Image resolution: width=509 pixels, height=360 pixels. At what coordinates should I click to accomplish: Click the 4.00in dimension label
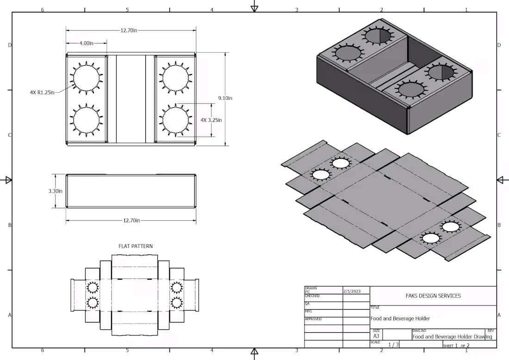click(x=87, y=43)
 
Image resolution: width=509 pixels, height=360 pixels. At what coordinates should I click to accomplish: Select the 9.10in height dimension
click(x=225, y=98)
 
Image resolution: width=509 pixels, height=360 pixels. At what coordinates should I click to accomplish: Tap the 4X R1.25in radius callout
click(x=42, y=93)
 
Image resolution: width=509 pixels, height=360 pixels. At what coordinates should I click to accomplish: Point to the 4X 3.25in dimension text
click(x=211, y=120)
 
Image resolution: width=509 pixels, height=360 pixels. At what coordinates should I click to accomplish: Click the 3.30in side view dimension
click(x=55, y=191)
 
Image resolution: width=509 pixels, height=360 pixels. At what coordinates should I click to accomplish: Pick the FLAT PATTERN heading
click(x=136, y=246)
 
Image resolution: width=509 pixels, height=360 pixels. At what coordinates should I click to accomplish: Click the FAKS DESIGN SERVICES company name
click(x=433, y=296)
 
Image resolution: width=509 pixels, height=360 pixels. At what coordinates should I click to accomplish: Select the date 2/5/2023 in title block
click(x=352, y=292)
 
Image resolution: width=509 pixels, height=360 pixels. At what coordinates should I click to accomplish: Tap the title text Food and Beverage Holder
click(x=400, y=318)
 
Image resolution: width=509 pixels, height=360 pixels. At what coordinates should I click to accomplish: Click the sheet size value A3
click(x=376, y=336)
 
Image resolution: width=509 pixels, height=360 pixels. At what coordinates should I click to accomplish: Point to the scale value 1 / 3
click(x=393, y=344)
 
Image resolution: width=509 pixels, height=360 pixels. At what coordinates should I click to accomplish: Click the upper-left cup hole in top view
click(x=87, y=76)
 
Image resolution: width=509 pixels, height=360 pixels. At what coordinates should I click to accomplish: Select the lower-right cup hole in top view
click(x=176, y=120)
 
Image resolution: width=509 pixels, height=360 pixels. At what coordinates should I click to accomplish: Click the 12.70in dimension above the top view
click(x=129, y=30)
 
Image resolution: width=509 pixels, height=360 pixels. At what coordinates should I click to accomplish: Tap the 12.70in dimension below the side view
click(x=131, y=221)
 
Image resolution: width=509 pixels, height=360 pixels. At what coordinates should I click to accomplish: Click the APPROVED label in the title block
click(x=313, y=319)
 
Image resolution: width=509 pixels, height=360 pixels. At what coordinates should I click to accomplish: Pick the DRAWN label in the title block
click(x=308, y=288)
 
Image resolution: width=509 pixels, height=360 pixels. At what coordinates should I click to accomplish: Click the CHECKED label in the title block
click(x=312, y=296)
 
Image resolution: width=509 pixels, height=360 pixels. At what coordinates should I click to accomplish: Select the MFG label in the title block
click(x=308, y=311)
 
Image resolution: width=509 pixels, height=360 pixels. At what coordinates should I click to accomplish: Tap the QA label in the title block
click(x=307, y=304)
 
